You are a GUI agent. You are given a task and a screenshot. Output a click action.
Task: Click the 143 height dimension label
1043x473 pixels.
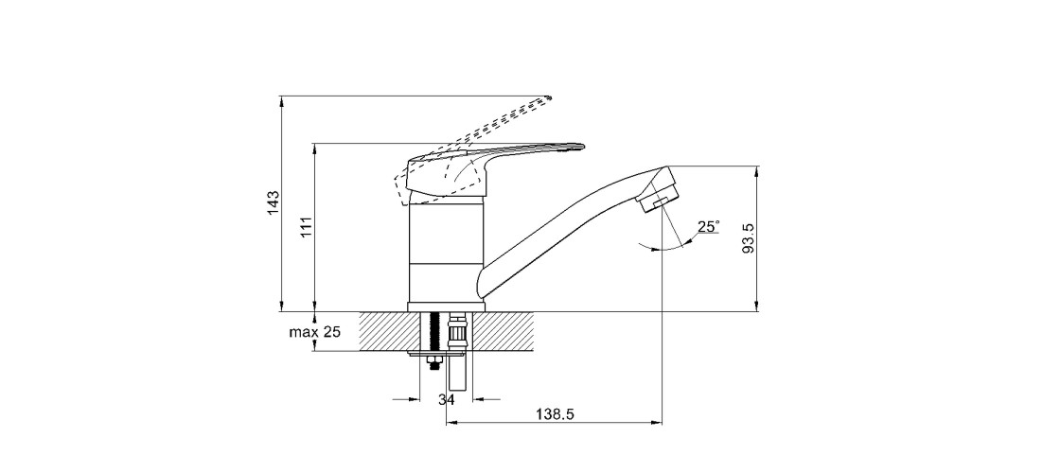coord(274,203)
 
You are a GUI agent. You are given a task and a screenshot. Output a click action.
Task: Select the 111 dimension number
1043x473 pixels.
coord(306,227)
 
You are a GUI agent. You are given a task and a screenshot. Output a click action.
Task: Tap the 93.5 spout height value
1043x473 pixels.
coord(748,238)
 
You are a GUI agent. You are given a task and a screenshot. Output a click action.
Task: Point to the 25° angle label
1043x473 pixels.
coord(708,227)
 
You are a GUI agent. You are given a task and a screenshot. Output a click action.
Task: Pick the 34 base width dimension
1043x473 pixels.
coord(446,400)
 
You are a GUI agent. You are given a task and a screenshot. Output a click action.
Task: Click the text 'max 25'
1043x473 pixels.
coord(316,332)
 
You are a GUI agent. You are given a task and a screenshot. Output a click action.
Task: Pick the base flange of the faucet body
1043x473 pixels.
coord(446,307)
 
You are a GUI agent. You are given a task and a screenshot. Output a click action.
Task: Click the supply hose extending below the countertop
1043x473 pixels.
coord(459,374)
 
